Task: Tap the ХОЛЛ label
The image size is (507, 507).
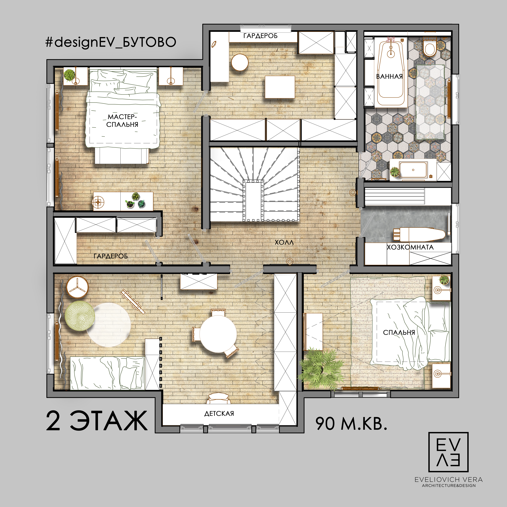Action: tap(284, 242)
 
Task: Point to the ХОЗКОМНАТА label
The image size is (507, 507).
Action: tap(410, 247)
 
